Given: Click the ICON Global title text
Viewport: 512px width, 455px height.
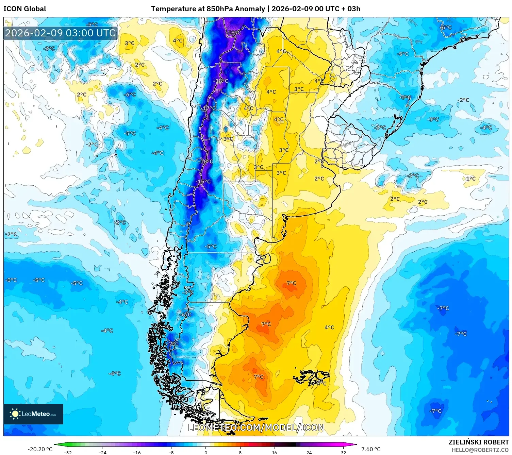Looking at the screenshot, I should [24, 9].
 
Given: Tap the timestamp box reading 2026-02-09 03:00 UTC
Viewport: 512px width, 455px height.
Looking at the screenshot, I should [60, 33].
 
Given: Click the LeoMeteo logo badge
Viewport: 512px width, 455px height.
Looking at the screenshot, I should [33, 414].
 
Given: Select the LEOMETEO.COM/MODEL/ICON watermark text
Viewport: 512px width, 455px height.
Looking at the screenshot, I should [256, 427].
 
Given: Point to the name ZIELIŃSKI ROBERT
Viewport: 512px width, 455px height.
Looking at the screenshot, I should [478, 442].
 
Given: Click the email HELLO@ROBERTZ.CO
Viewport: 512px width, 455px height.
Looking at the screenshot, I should [480, 450].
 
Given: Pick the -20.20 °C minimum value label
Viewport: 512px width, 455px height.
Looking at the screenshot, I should [40, 449].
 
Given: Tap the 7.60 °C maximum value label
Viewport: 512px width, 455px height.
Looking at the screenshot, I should [371, 449].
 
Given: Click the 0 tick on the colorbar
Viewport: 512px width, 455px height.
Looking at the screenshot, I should [206, 453].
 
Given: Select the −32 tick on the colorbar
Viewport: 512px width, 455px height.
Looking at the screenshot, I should [68, 453].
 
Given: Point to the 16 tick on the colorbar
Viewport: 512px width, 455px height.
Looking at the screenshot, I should [275, 453].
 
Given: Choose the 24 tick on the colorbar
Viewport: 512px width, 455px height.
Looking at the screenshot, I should [309, 453].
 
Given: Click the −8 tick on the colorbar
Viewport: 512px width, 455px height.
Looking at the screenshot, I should [171, 453].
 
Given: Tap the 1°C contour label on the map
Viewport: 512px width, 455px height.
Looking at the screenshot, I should [471, 179].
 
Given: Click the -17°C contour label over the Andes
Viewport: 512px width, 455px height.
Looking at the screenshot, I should [209, 108].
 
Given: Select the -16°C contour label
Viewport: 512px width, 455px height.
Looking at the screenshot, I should [206, 161].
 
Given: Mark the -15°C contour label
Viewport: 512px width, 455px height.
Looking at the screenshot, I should [204, 182].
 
